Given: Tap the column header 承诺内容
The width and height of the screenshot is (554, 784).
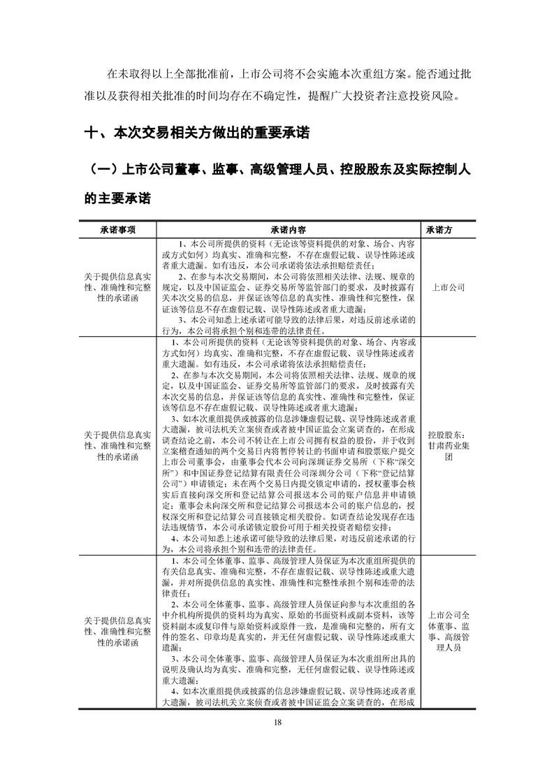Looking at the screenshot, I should point(286,229).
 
